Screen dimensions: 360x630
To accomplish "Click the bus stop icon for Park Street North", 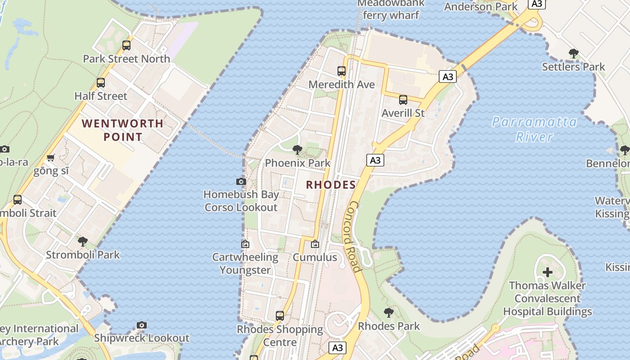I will (x=126, y=45).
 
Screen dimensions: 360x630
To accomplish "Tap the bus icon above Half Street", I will (x=101, y=83).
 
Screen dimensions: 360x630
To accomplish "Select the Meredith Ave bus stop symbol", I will (x=342, y=71).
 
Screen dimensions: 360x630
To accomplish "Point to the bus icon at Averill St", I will (x=403, y=100).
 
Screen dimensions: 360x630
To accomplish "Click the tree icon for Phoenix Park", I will (x=297, y=150).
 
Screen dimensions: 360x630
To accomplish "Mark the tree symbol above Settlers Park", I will (x=573, y=54).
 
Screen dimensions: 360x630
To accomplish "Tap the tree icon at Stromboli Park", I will (x=83, y=242).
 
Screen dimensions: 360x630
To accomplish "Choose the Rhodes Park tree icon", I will (x=389, y=313).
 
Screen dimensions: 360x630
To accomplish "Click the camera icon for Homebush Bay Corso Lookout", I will (x=241, y=182).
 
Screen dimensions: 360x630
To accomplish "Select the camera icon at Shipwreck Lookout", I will (x=142, y=325).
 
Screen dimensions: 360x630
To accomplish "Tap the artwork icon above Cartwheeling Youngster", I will (x=245, y=244).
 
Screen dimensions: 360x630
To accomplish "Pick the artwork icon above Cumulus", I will (x=315, y=244).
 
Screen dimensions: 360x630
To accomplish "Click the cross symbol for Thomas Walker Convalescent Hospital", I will (x=548, y=272).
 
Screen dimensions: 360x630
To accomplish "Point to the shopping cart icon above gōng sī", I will (x=51, y=157).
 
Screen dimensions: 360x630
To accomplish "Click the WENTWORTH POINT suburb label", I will (x=122, y=130).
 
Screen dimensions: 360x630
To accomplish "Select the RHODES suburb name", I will (x=331, y=184).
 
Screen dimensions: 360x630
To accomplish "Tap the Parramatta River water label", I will (x=534, y=129).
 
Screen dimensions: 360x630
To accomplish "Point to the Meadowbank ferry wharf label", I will (x=391, y=9).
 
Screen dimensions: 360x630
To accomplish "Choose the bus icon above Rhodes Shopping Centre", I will (x=280, y=316).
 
